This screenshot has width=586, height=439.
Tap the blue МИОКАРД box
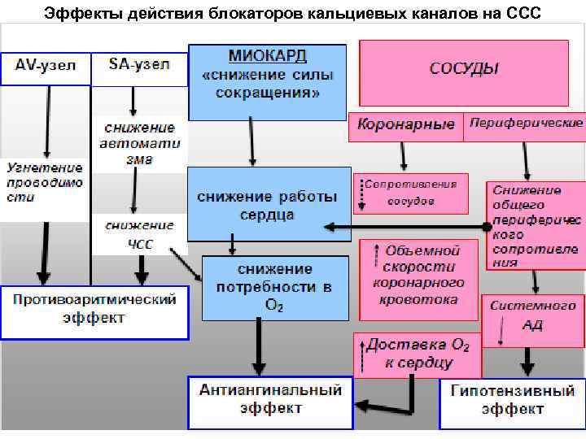[267, 81]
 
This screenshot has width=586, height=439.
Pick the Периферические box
[526, 124]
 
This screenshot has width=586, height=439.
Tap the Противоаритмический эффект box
[94, 309]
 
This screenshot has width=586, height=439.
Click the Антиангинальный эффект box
[270, 401]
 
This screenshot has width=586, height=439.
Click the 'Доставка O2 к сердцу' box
[413, 354]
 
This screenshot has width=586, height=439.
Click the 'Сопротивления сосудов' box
[412, 193]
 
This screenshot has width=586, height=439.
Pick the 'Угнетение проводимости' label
[44, 184]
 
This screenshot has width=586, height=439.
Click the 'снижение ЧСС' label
[138, 233]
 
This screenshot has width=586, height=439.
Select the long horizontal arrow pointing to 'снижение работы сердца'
[407, 227]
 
